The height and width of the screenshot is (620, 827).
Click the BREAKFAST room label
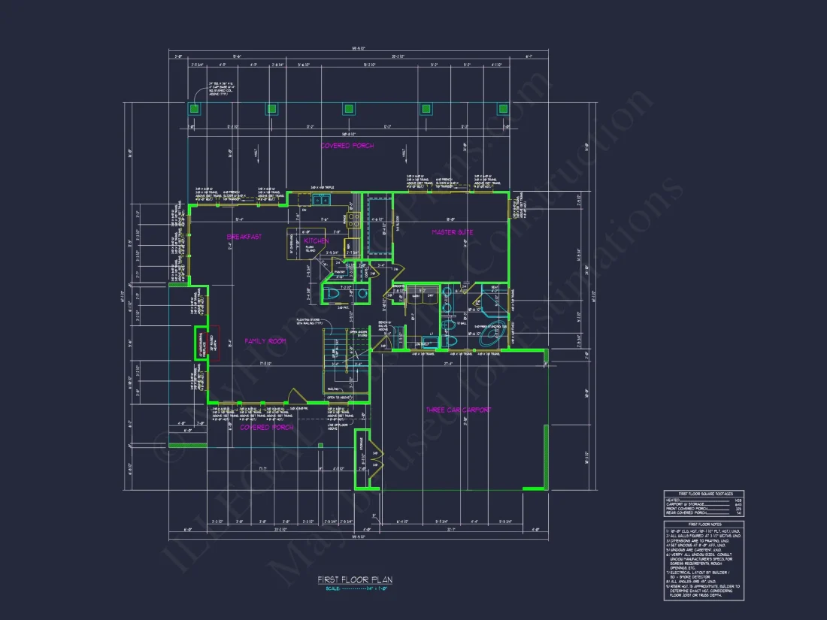click(x=244, y=237)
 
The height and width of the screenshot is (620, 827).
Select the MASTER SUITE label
click(x=452, y=232)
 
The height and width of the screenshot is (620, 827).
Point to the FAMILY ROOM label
click(x=266, y=341)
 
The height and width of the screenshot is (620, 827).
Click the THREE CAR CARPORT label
click(x=459, y=410)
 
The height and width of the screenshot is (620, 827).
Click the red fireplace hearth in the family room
click(x=214, y=343)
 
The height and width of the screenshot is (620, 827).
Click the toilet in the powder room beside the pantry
click(x=332, y=294)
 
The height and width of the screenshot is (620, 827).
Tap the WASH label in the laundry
click(x=414, y=297)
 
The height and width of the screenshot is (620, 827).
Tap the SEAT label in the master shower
click(x=495, y=286)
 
